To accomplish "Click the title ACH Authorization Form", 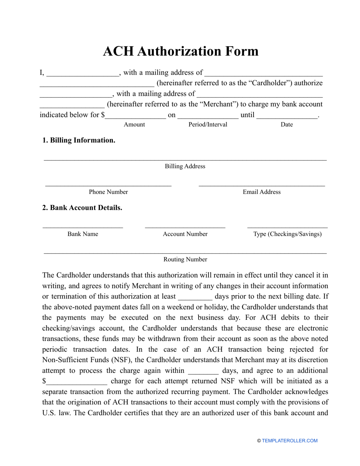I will (180, 51).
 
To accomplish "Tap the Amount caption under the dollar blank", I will (134, 125).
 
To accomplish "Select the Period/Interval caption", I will (208, 125).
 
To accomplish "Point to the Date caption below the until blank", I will (286, 125).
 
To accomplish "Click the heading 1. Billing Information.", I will (79, 140).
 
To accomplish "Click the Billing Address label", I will (185, 166).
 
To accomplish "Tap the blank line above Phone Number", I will (108, 185).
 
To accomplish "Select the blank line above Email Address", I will (261, 185).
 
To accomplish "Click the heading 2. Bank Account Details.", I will (82, 208).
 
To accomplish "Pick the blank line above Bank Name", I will (83, 227).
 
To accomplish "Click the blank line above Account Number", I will (185, 227).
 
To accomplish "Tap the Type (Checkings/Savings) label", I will (287, 234).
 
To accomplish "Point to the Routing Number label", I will (185, 260).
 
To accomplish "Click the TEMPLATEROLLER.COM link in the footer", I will (290, 441).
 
